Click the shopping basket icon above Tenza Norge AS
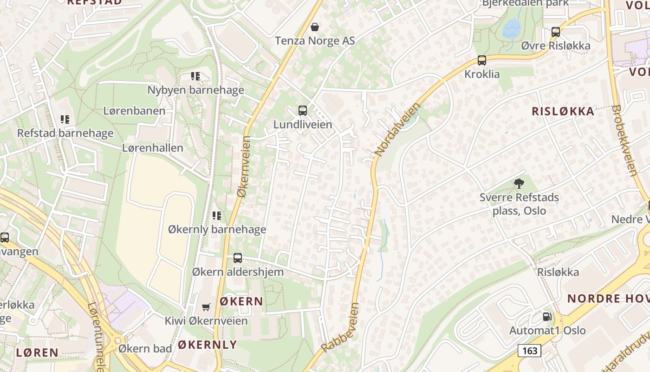[x=315, y=27]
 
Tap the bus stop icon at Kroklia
[x=482, y=60]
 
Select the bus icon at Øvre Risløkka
[x=556, y=32]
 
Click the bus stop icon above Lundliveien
[x=303, y=111]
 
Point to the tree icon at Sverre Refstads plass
[x=519, y=184]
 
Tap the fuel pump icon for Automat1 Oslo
[x=547, y=317]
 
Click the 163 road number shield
[x=529, y=350]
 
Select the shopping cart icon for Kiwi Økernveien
[x=206, y=307]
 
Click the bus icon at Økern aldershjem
[x=238, y=258]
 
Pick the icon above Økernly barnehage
[x=217, y=215]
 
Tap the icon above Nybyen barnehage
[x=195, y=76]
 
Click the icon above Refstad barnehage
[x=65, y=119]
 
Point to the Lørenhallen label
[x=153, y=148]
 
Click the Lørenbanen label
[x=134, y=111]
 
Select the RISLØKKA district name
[x=563, y=111]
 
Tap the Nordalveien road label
[x=396, y=130]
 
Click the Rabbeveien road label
[x=340, y=328]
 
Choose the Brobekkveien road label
[x=624, y=140]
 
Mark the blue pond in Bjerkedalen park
[x=512, y=28]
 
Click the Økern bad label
[x=141, y=348]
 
